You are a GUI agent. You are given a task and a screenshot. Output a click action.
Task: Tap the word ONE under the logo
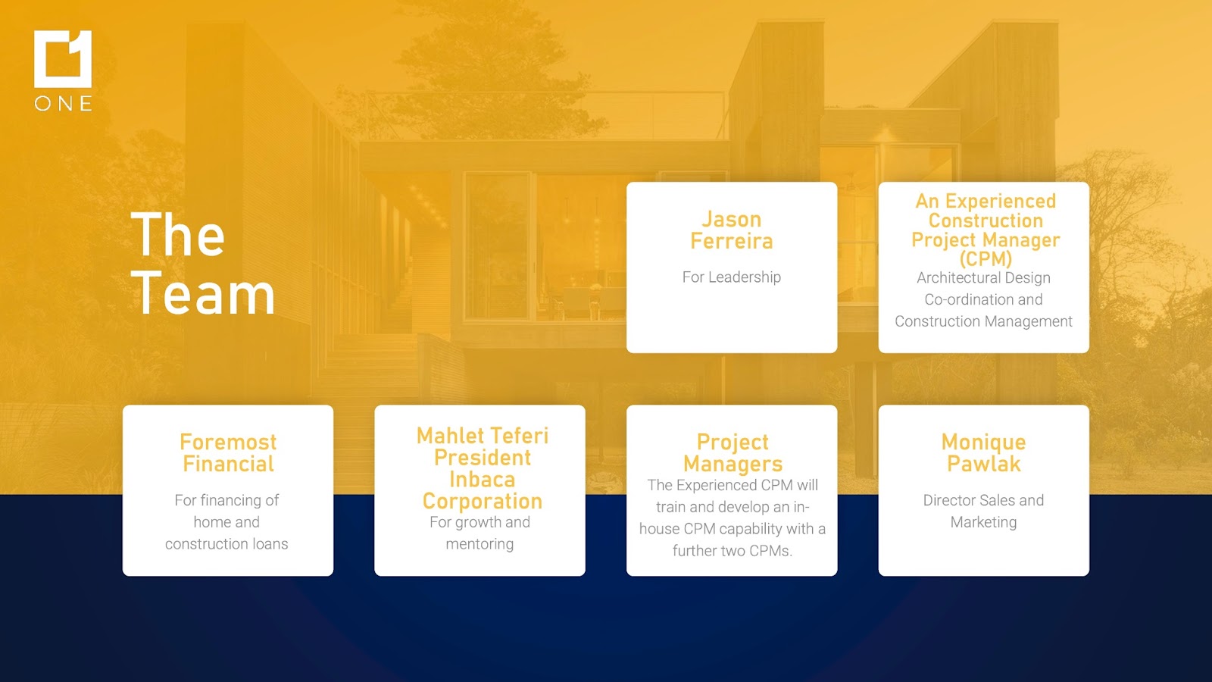[64, 103]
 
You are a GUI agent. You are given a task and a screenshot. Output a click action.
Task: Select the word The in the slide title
[177, 234]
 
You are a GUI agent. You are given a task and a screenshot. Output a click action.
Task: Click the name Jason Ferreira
[732, 230]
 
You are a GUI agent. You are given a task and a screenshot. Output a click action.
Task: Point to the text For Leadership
[732, 277]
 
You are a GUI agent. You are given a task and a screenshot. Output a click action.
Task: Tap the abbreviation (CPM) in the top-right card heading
[986, 258]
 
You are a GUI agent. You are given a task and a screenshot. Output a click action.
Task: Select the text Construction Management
[983, 321]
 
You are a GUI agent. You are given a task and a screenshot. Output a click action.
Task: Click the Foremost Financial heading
[228, 453]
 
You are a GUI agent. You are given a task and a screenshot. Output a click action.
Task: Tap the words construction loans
[226, 544]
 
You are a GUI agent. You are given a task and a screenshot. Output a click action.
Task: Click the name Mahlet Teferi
[482, 436]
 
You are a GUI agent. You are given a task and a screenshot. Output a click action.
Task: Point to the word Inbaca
[482, 480]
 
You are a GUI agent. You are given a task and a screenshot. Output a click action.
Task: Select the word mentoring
[479, 544]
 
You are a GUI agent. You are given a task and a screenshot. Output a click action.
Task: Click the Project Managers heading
[733, 453]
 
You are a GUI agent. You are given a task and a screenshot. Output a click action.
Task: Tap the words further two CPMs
[732, 550]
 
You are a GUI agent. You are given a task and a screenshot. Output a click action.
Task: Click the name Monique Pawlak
[984, 453]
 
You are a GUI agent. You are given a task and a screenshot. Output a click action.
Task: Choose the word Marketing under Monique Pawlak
[984, 522]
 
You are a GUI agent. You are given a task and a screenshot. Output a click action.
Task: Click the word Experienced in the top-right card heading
[1001, 202]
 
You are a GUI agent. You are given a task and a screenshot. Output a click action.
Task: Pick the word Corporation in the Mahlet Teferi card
[482, 501]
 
